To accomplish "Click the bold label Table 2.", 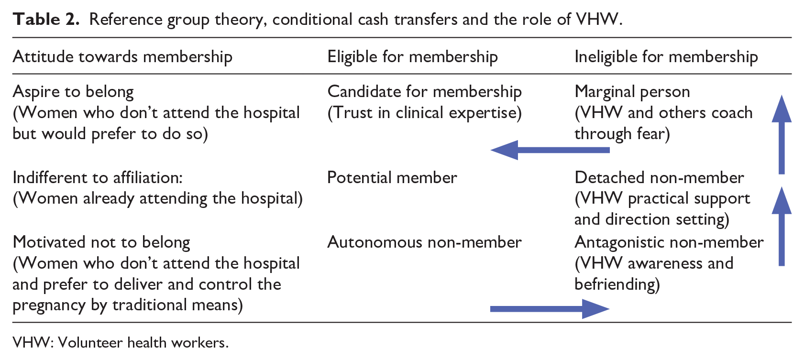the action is click(45, 20).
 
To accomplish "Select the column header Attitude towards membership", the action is click(122, 57).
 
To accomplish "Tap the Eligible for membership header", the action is click(412, 57).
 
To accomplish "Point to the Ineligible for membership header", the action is click(666, 57).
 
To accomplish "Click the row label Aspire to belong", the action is click(73, 92).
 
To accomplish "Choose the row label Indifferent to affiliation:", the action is click(98, 178).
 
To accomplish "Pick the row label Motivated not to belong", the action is click(101, 243).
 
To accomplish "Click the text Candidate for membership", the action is click(424, 92).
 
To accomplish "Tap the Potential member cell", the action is click(392, 178).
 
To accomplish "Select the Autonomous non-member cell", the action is click(424, 242).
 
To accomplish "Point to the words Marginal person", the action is click(632, 92).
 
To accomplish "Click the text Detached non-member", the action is click(660, 178).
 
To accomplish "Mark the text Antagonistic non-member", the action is click(669, 243).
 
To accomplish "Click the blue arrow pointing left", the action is click(550, 150).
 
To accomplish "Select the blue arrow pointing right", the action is click(550, 309).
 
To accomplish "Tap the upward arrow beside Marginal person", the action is click(782, 135).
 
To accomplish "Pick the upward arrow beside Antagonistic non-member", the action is click(782, 226).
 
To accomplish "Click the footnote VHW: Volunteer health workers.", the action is click(121, 343).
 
